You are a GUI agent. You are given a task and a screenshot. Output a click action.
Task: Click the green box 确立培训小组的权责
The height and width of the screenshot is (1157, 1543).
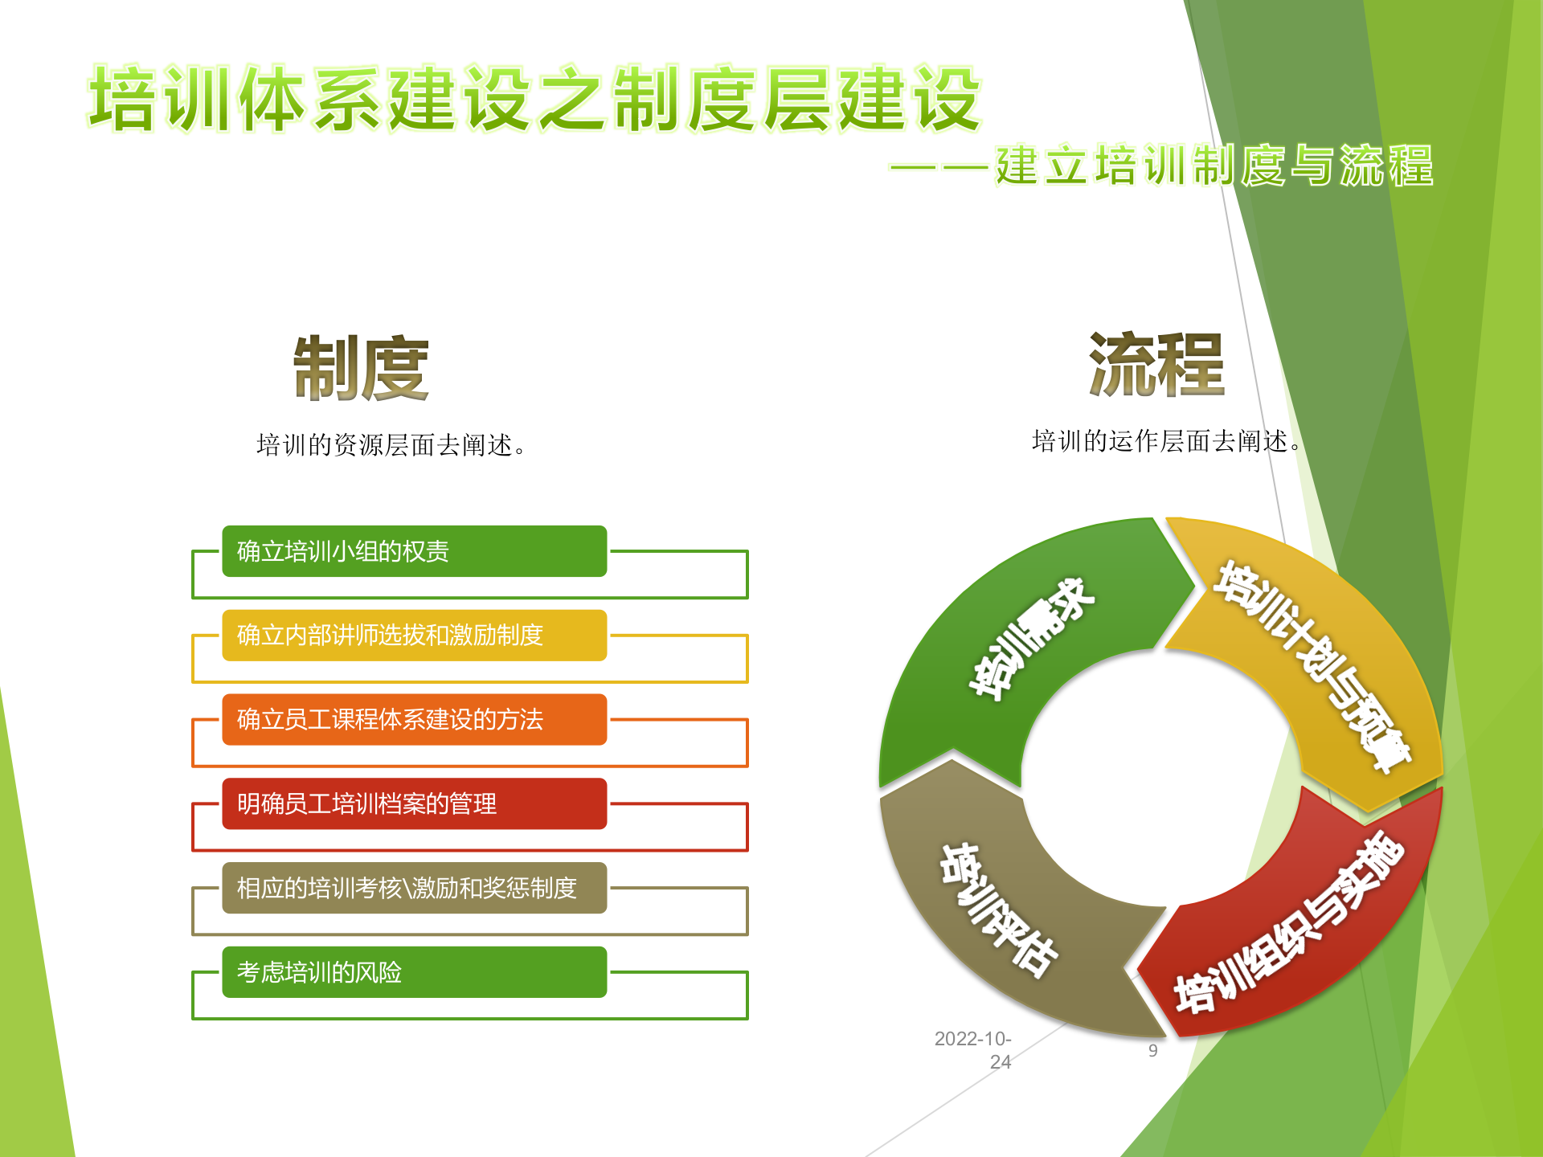[x=414, y=551]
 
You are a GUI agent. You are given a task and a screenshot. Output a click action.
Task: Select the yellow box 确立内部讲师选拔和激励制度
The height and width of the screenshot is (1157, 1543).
[x=414, y=636]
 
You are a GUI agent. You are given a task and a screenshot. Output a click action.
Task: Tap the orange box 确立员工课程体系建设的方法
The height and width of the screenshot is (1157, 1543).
[x=414, y=719]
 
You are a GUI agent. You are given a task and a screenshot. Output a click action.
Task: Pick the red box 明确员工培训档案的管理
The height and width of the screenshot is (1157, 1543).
[x=414, y=803]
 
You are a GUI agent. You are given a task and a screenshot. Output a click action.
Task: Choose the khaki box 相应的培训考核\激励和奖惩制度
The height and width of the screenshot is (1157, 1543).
[x=414, y=888]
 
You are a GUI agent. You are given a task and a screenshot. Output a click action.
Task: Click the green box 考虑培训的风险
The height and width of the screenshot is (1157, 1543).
[x=414, y=972]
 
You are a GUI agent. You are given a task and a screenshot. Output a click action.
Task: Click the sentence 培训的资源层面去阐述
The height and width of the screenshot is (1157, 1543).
[x=391, y=444]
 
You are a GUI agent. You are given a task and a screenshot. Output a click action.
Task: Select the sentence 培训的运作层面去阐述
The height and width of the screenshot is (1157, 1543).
[x=1165, y=440]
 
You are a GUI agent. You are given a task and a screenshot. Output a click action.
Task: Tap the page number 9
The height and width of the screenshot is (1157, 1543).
[x=1152, y=1050]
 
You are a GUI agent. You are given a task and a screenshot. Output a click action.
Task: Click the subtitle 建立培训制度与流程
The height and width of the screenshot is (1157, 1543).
[x=1214, y=166]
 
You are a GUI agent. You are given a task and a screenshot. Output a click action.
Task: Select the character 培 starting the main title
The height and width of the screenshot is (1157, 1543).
[x=122, y=98]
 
